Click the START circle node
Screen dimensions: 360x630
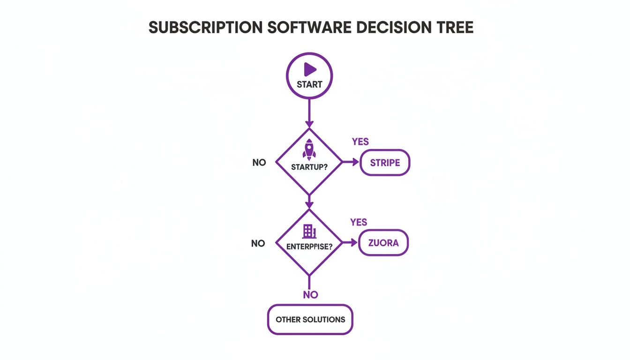309,75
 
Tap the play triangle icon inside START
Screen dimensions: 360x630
309,70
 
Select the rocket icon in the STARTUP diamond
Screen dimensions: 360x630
309,149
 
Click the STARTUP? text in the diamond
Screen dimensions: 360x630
309,167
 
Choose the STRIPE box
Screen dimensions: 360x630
385,163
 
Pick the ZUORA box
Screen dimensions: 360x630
383,243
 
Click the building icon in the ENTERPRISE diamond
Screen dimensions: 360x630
309,231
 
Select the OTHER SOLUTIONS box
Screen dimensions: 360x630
310,320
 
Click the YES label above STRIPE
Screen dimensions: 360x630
360,142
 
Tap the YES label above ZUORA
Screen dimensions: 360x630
359,222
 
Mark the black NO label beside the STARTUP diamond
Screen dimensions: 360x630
259,163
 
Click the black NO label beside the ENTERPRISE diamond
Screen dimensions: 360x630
258,243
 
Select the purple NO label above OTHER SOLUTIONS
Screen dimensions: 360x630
310,295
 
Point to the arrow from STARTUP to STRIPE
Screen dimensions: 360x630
351,162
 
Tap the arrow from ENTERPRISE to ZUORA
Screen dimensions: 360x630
350,242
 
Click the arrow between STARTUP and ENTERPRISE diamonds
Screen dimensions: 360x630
309,202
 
